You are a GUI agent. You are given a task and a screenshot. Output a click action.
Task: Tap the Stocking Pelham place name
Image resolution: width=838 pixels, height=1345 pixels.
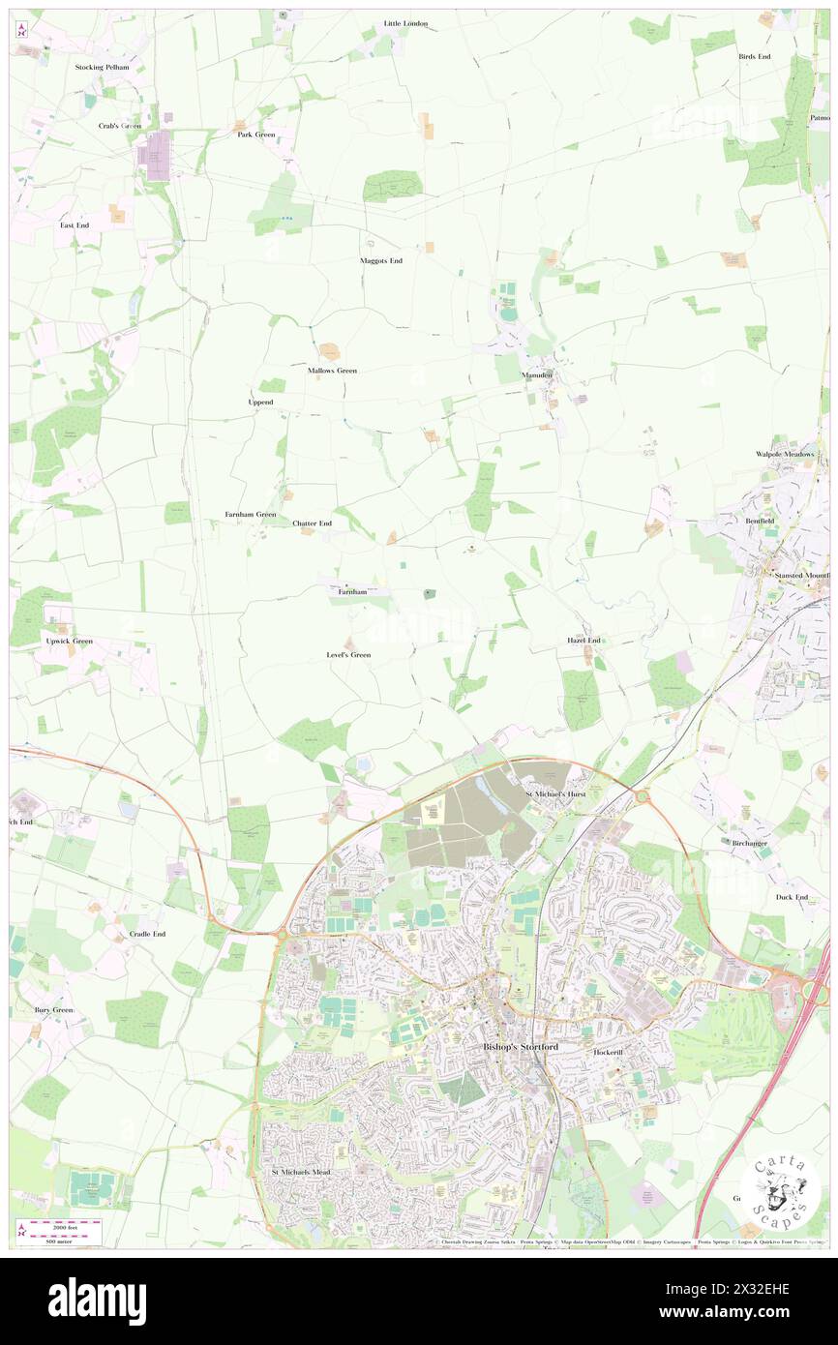[x=103, y=67]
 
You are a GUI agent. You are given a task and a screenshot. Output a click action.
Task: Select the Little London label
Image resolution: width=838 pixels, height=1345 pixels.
[x=405, y=23]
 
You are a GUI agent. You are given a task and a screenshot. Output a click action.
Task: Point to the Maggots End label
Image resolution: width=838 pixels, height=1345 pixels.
[x=380, y=260]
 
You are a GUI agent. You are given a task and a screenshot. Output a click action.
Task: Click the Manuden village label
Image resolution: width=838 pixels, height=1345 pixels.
[x=537, y=374]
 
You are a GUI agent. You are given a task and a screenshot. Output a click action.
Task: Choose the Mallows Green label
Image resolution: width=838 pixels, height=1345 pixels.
[x=332, y=371]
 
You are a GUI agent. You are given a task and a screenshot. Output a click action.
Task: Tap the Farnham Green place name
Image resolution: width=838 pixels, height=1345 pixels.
[x=251, y=514]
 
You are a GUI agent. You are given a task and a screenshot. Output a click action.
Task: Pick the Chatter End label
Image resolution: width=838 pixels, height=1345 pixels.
[x=312, y=523]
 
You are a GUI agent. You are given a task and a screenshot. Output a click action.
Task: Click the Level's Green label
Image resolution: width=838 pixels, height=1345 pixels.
[x=348, y=655]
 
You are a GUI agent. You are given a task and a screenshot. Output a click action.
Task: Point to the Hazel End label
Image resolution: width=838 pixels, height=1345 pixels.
[x=584, y=641]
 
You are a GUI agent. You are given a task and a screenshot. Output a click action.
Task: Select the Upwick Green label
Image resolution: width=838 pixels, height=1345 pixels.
[x=69, y=641]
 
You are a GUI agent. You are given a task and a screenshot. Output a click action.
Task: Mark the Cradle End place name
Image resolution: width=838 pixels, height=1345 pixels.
[x=147, y=934]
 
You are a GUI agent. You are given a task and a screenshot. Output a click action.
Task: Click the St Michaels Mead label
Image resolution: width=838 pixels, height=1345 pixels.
[x=301, y=1172]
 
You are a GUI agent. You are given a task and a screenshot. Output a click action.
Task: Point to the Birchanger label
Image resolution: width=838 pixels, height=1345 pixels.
[x=750, y=843]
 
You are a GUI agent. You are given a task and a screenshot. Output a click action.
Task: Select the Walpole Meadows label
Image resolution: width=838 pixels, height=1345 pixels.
[x=786, y=454]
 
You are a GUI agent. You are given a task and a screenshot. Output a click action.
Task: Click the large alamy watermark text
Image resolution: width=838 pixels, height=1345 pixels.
[x=97, y=1300]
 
